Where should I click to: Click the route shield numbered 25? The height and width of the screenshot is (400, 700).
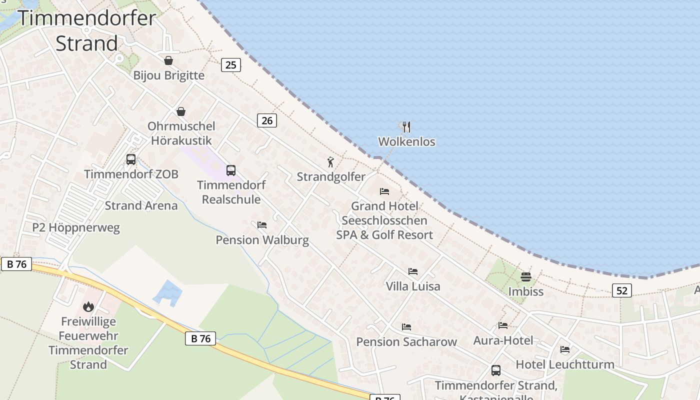230,64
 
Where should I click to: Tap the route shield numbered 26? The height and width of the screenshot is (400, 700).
267,120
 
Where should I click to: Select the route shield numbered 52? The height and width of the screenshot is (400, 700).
622,290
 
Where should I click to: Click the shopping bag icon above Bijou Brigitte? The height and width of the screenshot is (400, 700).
168,60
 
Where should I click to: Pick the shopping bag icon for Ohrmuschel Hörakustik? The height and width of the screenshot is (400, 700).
180,111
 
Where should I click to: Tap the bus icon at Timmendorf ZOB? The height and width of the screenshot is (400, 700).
131,159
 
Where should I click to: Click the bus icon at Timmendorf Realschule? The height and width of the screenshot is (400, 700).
230,170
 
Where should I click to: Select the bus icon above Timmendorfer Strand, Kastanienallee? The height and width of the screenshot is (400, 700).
495,370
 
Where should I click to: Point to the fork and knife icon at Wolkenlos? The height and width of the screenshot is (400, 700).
406,127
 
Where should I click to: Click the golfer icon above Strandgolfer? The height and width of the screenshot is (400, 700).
330,162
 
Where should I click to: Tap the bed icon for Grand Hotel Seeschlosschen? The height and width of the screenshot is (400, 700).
384,191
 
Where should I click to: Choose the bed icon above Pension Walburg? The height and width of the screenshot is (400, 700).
262,225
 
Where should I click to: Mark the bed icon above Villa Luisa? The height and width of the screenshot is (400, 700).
412,271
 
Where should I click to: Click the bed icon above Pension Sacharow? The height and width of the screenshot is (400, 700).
406,327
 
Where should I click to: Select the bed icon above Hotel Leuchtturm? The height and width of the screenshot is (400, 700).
565,349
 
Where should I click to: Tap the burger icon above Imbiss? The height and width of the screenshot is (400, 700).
525,276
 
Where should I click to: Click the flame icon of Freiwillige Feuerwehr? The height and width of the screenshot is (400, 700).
88,306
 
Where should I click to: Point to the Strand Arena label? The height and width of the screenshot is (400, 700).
141,205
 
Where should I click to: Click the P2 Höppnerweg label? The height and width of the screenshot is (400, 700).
76,228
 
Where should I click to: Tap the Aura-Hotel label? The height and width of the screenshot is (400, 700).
503,340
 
